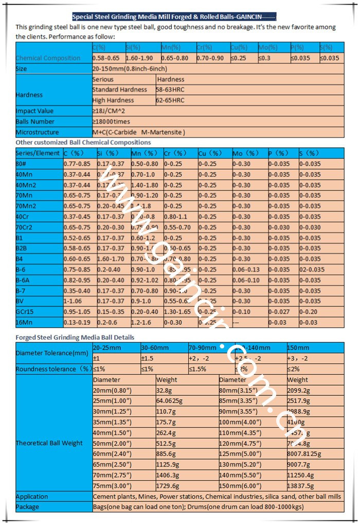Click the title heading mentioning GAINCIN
click(x=174, y=16)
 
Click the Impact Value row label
click(x=34, y=111)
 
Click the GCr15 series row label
click(x=26, y=312)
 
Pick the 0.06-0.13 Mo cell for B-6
click(x=247, y=269)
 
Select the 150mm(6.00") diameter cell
click(x=241, y=486)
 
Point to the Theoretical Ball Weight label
click(x=49, y=443)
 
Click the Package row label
click(x=28, y=506)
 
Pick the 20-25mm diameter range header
click(x=107, y=347)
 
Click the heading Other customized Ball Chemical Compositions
click(x=83, y=142)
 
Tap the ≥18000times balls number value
click(x=111, y=121)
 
